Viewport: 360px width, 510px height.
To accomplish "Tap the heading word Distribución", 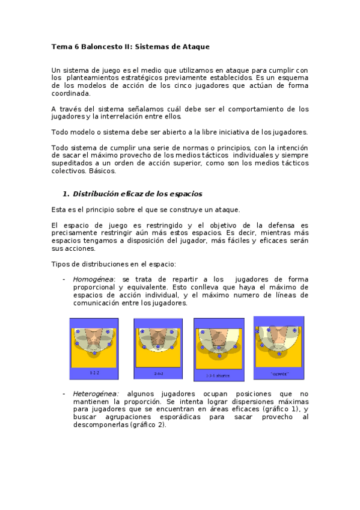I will point(97,194).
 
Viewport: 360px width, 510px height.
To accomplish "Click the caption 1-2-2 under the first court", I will point(94,373).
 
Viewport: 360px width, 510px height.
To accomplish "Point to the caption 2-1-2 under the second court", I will point(158,373).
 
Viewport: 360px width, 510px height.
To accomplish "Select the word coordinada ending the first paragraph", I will point(72,94).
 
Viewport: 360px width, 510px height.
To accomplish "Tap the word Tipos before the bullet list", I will point(61,264).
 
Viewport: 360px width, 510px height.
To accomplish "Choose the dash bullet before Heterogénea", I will point(64,394).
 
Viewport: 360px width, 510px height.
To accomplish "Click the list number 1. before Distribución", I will point(66,194).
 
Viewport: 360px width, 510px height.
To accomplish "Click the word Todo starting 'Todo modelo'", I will point(60,132).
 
